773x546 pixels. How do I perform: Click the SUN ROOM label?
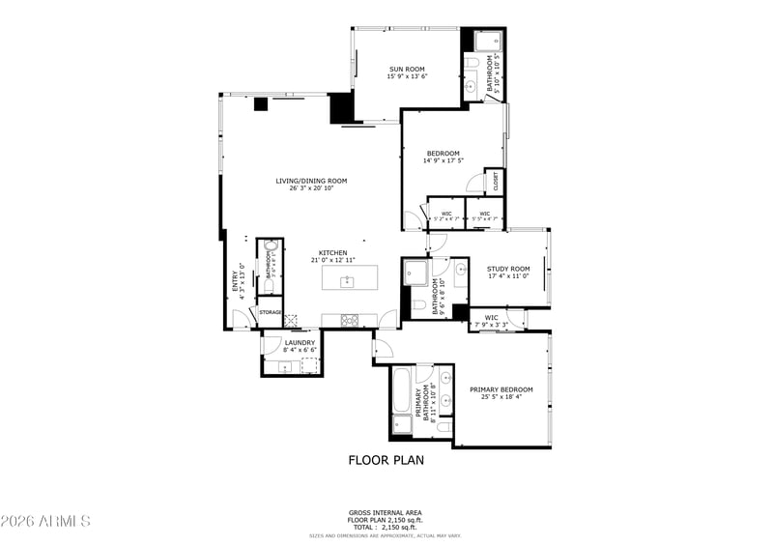tap(407, 69)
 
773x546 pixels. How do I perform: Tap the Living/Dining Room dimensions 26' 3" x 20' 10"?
tap(311, 188)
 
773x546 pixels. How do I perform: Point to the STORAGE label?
tap(271, 312)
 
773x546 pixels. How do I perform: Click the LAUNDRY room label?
tap(300, 341)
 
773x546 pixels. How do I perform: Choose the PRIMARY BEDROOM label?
tap(501, 388)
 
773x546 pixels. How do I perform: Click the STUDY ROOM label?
tap(508, 269)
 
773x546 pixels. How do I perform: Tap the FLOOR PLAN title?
tap(386, 460)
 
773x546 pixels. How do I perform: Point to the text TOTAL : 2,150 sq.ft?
tap(386, 526)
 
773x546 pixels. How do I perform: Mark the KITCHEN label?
tap(333, 253)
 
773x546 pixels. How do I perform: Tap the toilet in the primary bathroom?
tap(444, 426)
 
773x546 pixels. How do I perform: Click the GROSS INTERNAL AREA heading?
tap(386, 512)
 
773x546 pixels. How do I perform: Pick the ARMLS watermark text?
tap(45, 521)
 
